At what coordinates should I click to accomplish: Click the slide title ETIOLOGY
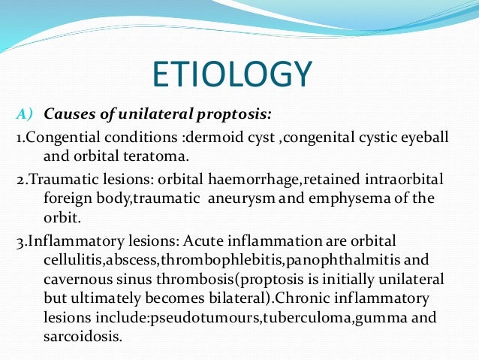click(231, 75)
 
